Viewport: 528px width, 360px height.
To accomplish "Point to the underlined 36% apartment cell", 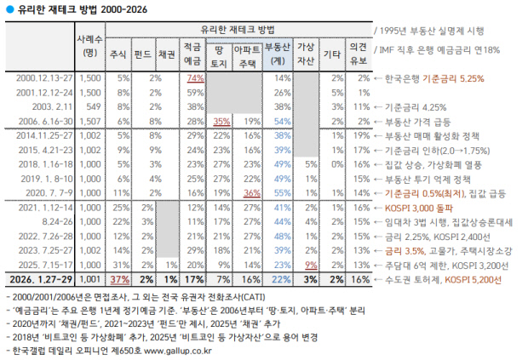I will point(250,192).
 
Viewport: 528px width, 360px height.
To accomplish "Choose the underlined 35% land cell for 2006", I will point(222,121).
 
